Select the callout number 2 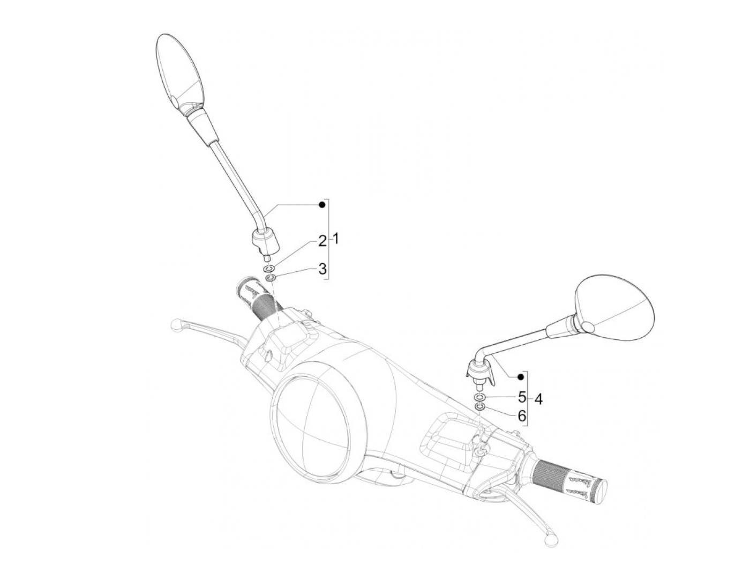pyautogui.click(x=322, y=241)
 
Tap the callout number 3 pyautogui.click(x=322, y=269)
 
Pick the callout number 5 pyautogui.click(x=522, y=397)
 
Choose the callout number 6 pyautogui.click(x=522, y=414)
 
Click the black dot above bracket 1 pyautogui.click(x=322, y=205)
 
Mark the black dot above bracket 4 pyautogui.click(x=520, y=377)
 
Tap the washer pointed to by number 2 pyautogui.click(x=269, y=267)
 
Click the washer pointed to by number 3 pyautogui.click(x=271, y=278)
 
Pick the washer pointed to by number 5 pyautogui.click(x=479, y=397)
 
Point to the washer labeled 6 pyautogui.click(x=481, y=407)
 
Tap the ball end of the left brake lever pyautogui.click(x=175, y=324)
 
